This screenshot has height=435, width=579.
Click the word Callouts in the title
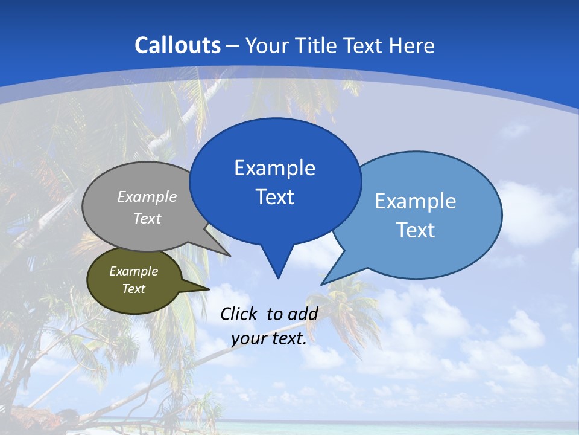178,45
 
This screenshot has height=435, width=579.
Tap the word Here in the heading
413,45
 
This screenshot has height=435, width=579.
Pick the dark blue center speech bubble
275,181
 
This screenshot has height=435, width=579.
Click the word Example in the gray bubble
147,197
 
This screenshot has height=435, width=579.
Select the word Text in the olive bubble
133,289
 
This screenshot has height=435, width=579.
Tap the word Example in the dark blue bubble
274,168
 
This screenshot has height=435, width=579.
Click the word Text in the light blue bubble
416,230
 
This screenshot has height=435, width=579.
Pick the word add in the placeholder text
302,314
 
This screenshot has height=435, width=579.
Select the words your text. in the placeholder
269,339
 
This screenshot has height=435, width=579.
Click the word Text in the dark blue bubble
275,197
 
